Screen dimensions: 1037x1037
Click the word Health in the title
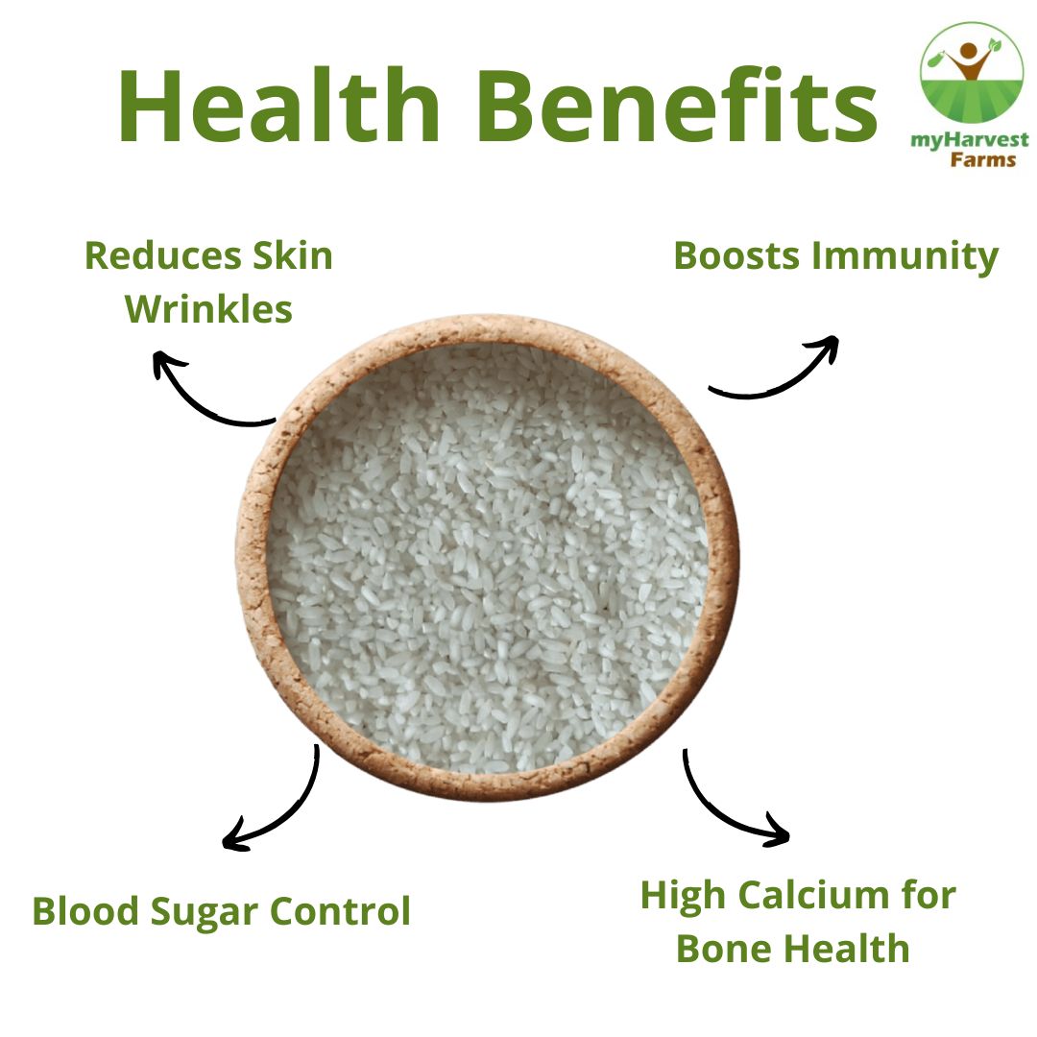coord(278,105)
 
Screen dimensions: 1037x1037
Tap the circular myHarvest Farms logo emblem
coord(970,73)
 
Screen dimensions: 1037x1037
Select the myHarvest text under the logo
coord(970,141)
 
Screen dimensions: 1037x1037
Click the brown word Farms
coord(983,159)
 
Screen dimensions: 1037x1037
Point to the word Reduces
coord(162,255)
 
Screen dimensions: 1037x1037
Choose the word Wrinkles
coord(208,309)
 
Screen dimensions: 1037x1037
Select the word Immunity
coord(904,258)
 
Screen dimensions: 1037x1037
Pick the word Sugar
coord(204,913)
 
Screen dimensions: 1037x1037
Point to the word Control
coord(341,910)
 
